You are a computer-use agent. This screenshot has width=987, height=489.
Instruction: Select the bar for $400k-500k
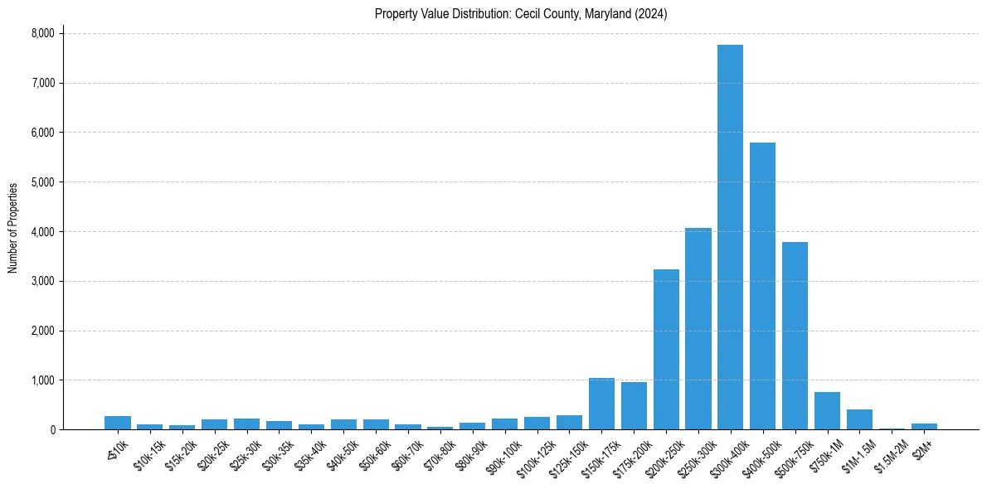[762, 286]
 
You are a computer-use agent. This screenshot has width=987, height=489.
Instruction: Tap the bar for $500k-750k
[795, 336]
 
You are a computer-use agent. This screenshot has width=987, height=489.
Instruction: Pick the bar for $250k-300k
[698, 328]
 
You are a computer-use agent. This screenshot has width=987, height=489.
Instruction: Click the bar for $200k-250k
[666, 349]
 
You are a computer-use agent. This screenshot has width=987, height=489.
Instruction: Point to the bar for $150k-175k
[601, 404]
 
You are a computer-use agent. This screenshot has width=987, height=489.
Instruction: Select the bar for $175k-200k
[634, 406]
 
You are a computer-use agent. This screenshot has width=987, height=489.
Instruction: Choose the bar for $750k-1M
[827, 411]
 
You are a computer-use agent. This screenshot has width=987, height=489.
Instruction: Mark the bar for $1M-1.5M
[859, 419]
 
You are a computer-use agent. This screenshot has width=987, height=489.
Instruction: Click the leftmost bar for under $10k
[118, 423]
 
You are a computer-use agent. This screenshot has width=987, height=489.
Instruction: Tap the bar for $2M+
[924, 426]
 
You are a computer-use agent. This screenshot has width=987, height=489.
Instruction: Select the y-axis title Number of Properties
[13, 228]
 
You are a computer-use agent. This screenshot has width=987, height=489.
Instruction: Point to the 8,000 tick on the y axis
[42, 33]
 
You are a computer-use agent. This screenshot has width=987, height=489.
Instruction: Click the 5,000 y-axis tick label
[42, 182]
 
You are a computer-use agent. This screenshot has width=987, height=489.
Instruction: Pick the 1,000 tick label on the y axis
[42, 380]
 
